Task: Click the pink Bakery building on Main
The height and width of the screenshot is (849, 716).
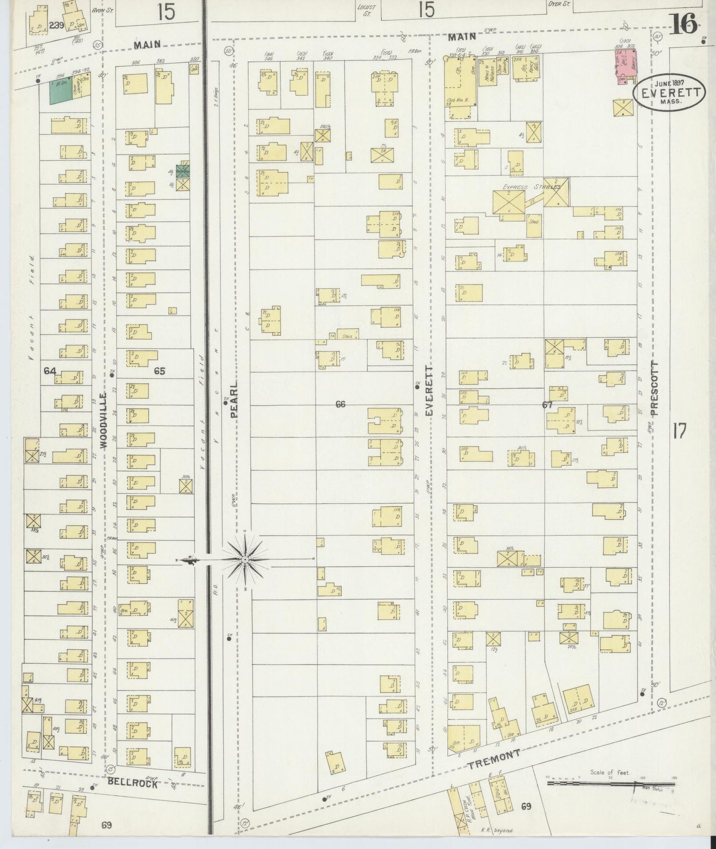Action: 626,66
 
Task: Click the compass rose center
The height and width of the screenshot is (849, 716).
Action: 245,560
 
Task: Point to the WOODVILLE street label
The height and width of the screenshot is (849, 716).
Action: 104,421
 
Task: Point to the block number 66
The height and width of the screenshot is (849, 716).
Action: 340,404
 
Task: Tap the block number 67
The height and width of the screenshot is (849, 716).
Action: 547,405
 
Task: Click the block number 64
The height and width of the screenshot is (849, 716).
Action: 50,371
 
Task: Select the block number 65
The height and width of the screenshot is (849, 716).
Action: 159,371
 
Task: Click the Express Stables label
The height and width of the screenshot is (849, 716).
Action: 531,187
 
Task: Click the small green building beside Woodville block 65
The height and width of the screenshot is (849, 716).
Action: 183,171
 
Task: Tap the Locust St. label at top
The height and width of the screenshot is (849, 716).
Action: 367,10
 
